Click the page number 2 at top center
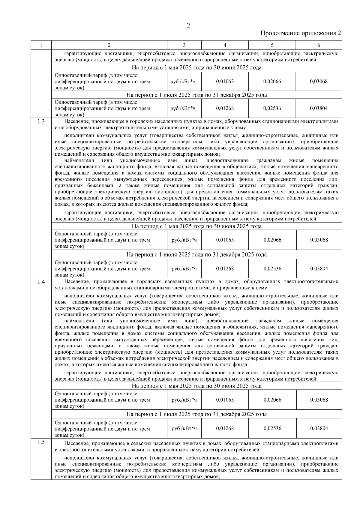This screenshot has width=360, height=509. [x=188, y=25]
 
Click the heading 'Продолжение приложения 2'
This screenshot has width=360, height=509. [x=301, y=33]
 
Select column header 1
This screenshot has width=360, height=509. [x=41, y=45]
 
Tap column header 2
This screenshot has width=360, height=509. [x=109, y=45]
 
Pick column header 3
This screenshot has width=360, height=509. [x=184, y=45]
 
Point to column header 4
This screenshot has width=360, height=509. [x=225, y=45]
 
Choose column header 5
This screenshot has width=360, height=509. [x=272, y=45]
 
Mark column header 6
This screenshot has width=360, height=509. [x=319, y=45]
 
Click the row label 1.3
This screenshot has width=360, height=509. [x=41, y=121]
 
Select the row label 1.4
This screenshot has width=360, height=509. [x=41, y=282]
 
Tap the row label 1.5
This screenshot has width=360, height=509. [x=41, y=442]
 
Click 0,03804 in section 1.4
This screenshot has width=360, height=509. [x=319, y=428]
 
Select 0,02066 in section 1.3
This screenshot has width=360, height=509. [x=272, y=240]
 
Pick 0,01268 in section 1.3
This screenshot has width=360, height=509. [x=225, y=268]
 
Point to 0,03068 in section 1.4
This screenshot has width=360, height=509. [x=319, y=400]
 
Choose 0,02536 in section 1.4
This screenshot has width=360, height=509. [x=272, y=428]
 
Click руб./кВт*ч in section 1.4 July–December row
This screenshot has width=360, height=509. [x=184, y=428]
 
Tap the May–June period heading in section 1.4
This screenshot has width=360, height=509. [x=196, y=386]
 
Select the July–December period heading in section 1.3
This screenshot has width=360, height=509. [x=196, y=255]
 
